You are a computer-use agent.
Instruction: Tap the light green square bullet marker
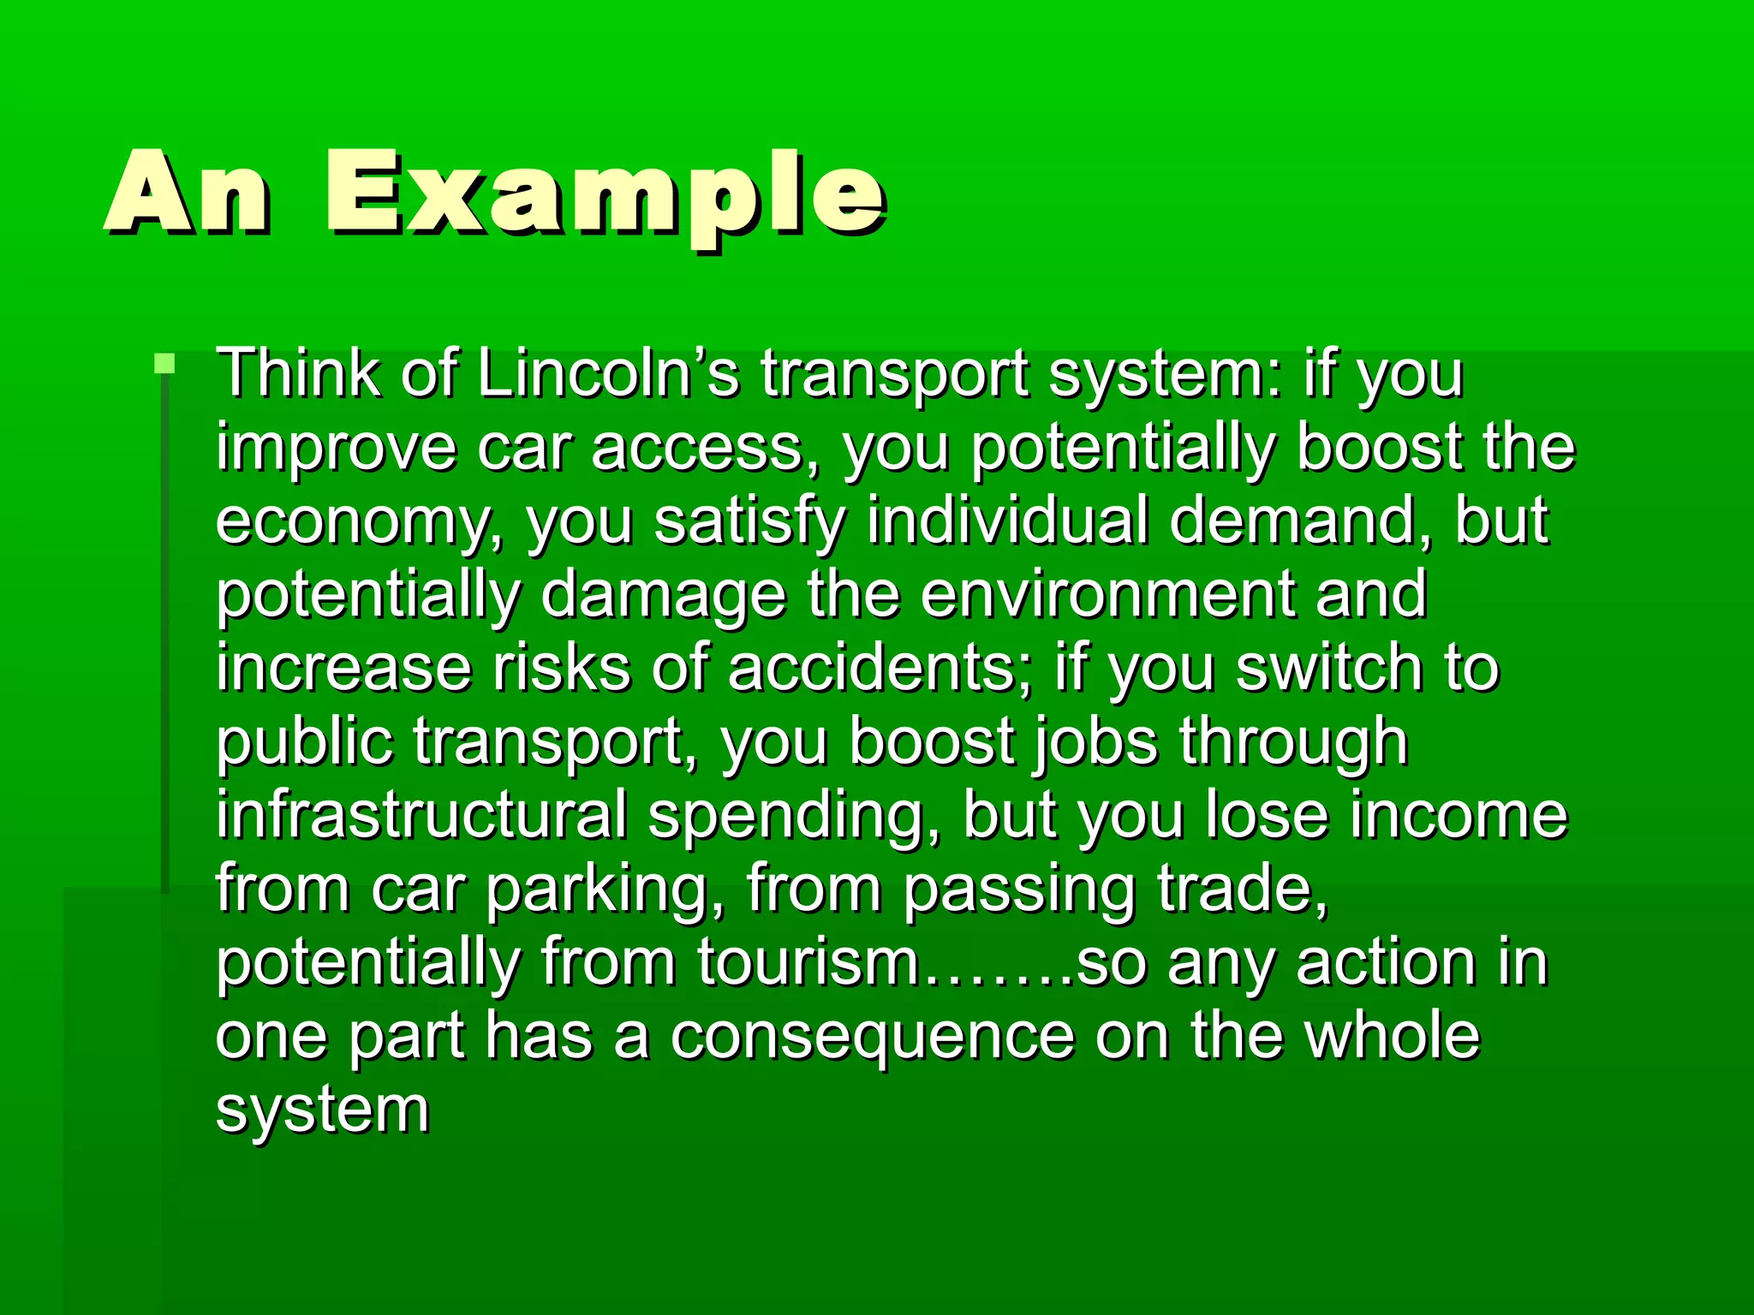click(164, 364)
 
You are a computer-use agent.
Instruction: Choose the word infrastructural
click(421, 815)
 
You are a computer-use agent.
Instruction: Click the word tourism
click(808, 962)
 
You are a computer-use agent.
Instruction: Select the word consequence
click(872, 1038)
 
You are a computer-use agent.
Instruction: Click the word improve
click(336, 449)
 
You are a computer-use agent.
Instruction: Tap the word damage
click(663, 596)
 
